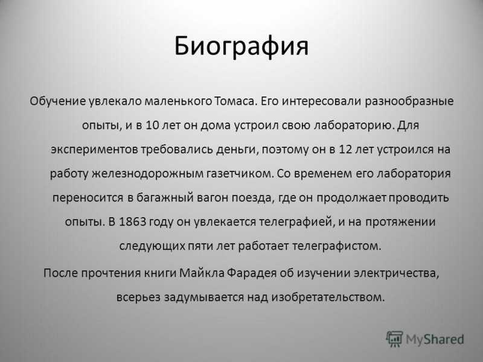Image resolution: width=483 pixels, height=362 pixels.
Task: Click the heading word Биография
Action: click(x=241, y=47)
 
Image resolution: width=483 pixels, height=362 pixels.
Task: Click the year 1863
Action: click(x=132, y=221)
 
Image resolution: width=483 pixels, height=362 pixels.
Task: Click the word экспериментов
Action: click(x=95, y=150)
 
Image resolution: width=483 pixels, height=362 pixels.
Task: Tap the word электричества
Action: click(x=397, y=273)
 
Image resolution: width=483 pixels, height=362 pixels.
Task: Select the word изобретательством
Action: click(x=328, y=297)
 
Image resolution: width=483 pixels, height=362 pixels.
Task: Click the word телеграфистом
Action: click(x=336, y=246)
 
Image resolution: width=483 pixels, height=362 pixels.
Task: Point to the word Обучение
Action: click(x=57, y=101)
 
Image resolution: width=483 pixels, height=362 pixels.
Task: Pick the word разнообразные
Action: click(x=409, y=101)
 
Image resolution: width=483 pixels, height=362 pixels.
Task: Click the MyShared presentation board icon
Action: click(x=395, y=339)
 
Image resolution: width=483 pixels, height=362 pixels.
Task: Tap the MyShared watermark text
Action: click(x=435, y=339)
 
